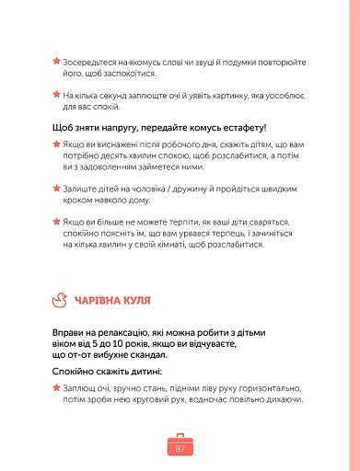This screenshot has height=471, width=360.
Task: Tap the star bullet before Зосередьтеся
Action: pos(55,63)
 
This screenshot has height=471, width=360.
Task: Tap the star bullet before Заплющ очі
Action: pos(55,389)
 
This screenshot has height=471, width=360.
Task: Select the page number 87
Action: pos(180,448)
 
